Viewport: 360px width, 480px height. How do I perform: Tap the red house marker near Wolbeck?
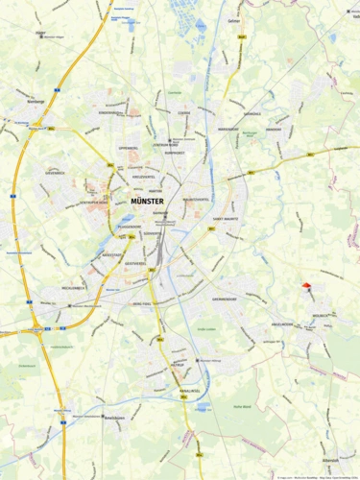(306, 285)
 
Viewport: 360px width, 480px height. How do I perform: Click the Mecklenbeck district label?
(75, 287)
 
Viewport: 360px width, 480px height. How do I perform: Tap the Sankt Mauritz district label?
(227, 219)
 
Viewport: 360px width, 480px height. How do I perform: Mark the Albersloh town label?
(329, 460)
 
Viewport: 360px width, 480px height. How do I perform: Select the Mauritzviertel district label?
(196, 199)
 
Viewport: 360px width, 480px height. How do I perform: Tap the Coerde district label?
(183, 111)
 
